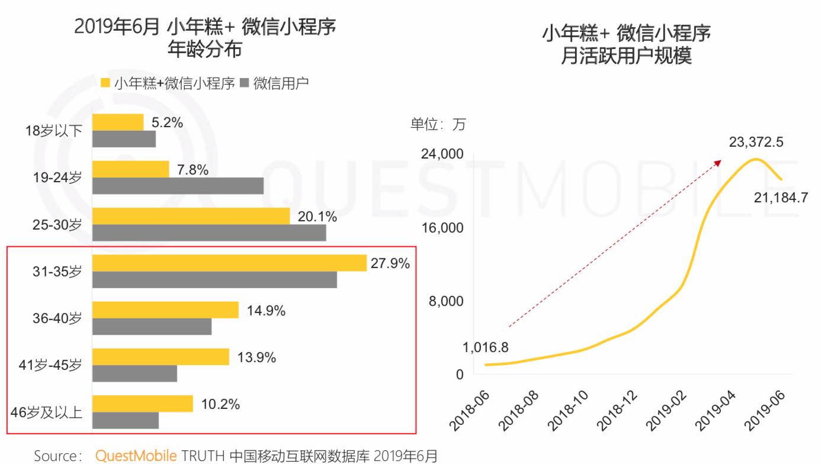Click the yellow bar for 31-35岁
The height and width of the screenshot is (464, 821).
pos(229,263)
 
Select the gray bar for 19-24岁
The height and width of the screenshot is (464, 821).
pos(178,186)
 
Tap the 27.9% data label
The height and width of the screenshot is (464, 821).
pos(390,264)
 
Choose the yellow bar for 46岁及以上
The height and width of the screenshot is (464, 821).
pos(143,404)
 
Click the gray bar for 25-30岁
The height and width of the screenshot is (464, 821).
pos(209,233)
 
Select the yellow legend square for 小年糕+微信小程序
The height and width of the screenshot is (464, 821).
pos(105,83)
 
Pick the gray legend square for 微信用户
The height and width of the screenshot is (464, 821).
pos(244,83)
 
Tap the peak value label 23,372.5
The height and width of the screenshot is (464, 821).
pos(756,143)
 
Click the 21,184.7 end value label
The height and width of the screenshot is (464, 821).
pos(781,198)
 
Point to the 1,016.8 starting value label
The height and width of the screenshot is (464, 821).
pos(485,347)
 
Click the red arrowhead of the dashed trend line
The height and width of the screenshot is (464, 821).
pos(719,162)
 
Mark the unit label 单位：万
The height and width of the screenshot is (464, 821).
pos(438,124)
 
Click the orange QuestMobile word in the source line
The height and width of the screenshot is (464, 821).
pos(136,456)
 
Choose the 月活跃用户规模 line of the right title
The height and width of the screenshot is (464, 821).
pos(626,57)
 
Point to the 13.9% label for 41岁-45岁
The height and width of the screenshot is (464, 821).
pos(257,357)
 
